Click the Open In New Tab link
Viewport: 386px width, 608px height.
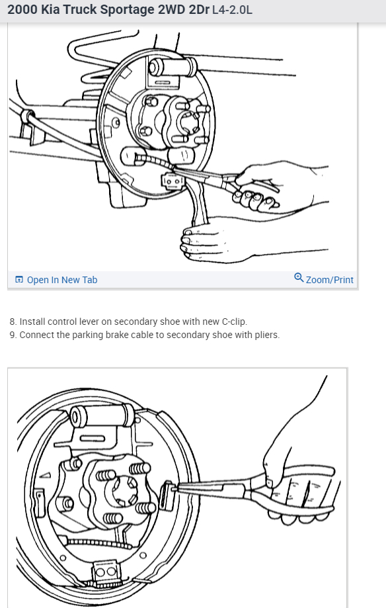point(56,280)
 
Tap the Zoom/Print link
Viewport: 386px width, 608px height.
point(324,279)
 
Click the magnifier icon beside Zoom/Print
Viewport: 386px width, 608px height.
point(299,278)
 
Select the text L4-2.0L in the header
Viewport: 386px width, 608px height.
point(232,10)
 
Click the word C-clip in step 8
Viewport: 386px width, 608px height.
point(234,322)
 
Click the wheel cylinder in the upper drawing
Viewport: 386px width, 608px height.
point(173,67)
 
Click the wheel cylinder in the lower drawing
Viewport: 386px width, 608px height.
point(102,415)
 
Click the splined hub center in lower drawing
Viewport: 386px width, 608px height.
point(125,488)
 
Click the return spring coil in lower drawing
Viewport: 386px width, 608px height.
point(96,543)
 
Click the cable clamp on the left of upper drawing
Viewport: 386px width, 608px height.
point(28,116)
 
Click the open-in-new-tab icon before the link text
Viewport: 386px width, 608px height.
point(19,280)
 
